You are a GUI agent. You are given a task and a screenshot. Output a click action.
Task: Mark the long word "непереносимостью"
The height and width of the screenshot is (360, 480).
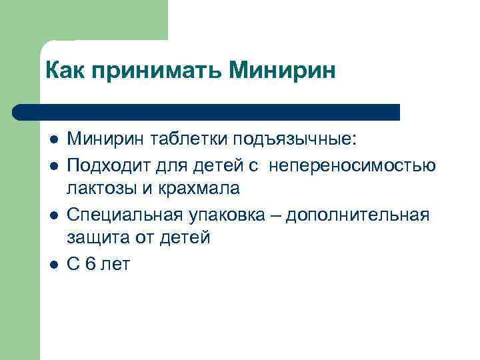coord(353,164)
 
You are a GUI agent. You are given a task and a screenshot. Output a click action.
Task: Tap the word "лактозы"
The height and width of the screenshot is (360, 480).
coord(102,189)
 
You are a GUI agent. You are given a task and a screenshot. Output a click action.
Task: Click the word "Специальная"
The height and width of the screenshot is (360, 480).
coord(123,215)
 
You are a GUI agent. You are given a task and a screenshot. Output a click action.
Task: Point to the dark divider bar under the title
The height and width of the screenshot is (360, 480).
coord(207,112)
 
